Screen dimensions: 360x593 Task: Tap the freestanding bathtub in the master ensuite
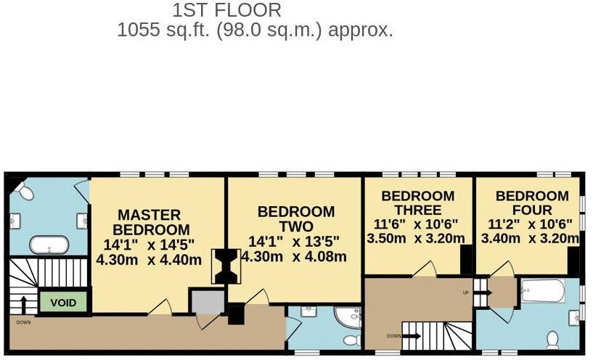[49, 245]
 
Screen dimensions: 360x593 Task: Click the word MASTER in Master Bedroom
[149, 215]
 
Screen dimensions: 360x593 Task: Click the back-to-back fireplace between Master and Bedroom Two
[226, 267]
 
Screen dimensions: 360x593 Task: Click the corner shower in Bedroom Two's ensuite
[347, 316]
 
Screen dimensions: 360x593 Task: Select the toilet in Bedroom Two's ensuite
[351, 339]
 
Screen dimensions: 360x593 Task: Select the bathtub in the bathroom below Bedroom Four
[543, 291]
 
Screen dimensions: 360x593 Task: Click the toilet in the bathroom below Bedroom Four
[552, 337]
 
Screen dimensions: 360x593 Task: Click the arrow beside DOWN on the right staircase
[416, 336]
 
